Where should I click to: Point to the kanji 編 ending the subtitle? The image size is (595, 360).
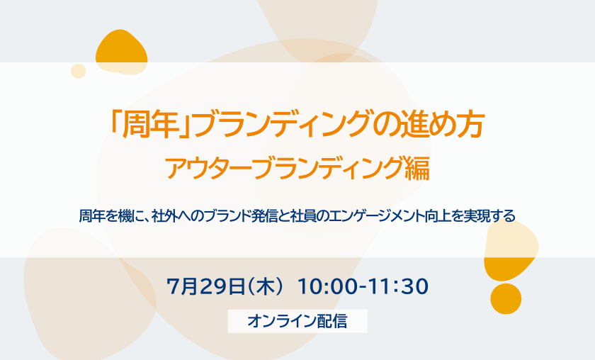(417, 168)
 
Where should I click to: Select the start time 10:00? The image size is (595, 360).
(327, 287)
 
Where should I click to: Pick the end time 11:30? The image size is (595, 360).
(397, 287)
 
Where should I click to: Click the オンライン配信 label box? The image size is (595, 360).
(297, 321)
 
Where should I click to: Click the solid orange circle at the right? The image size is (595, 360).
(506, 299)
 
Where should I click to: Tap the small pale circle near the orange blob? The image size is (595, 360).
(79, 71)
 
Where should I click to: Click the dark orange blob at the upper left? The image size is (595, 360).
(121, 52)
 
